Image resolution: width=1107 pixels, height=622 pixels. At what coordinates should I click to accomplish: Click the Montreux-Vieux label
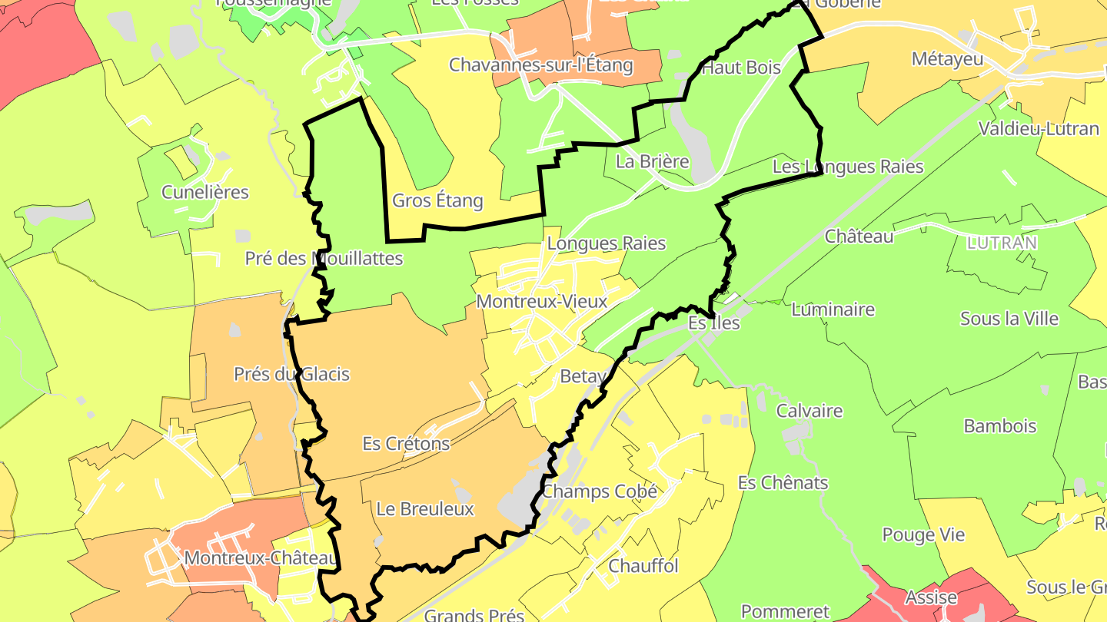pyautogui.click(x=542, y=302)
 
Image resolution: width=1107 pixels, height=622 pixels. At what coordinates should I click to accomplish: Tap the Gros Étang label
pyautogui.click(x=437, y=201)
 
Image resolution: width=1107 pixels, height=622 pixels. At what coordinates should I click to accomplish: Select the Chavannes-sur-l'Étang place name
pyautogui.click(x=540, y=65)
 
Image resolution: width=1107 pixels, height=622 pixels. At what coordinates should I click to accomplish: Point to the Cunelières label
pyautogui.click(x=205, y=192)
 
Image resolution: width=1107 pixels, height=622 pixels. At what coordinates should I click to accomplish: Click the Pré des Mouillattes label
pyautogui.click(x=324, y=259)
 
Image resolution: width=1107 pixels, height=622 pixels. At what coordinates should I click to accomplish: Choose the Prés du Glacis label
pyautogui.click(x=291, y=375)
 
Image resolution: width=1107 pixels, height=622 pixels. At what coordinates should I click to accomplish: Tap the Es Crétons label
pyautogui.click(x=406, y=444)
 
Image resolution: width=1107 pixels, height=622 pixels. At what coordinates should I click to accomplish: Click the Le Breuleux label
pyautogui.click(x=425, y=509)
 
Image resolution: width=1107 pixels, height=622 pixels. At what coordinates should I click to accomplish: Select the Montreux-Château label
pyautogui.click(x=261, y=558)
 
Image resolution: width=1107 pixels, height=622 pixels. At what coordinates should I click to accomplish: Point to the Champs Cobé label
pyautogui.click(x=600, y=491)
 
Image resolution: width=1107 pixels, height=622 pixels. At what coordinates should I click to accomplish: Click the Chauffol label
pyautogui.click(x=643, y=567)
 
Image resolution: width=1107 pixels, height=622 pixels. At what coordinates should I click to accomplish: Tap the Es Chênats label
pyautogui.click(x=783, y=483)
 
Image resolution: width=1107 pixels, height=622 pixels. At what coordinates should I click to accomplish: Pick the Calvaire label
pyautogui.click(x=809, y=411)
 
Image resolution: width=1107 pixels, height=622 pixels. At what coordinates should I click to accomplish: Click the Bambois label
pyautogui.click(x=1000, y=426)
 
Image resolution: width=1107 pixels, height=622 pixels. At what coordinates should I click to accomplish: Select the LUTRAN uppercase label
pyautogui.click(x=1002, y=243)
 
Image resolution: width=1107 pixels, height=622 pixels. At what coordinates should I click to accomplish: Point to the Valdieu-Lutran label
pyautogui.click(x=1039, y=129)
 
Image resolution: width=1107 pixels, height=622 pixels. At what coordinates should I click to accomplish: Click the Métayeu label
pyautogui.click(x=948, y=59)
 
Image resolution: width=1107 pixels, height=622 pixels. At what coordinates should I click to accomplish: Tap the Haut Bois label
pyautogui.click(x=741, y=68)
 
